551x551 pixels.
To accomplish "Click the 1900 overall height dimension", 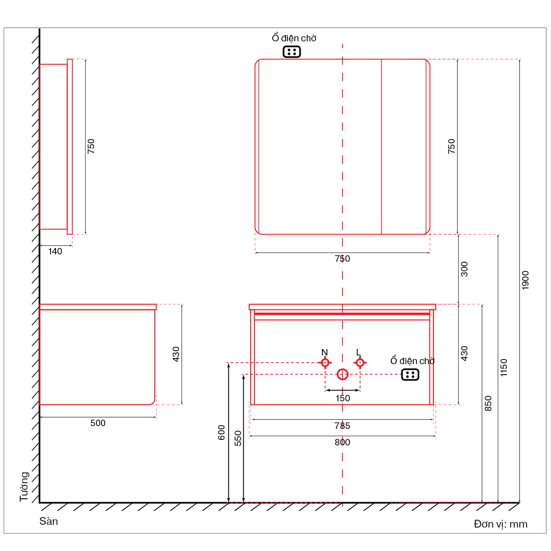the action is coord(525,280).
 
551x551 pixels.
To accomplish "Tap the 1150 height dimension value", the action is coord(504,367).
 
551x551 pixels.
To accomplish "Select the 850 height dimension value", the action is coord(488,404).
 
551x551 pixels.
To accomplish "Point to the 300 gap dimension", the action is coord(464,269).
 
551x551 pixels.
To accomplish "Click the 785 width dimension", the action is coord(342,426).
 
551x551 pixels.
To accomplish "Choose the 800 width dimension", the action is coord(342,442).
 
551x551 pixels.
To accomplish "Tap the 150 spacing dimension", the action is coord(343,398).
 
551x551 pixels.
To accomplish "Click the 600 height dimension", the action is coord(222,433).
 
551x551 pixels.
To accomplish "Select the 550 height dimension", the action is coord(238,439).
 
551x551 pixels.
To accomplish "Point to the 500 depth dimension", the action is coord(98,423).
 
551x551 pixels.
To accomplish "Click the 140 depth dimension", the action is coord(55,251).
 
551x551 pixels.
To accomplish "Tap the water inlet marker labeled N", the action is coord(325,363).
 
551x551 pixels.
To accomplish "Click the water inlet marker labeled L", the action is coord(360,363).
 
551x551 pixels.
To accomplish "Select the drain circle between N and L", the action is coord(343,374).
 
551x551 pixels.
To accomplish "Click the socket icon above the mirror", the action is coord(292,52).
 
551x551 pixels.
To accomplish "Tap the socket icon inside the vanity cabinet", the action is coord(410,375).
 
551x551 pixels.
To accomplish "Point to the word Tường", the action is coord(25,487).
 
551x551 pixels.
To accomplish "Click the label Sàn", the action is coord(49,521).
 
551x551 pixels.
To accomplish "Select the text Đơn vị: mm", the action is coord(500,524).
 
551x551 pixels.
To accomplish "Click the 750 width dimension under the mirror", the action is coord(342,259).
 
